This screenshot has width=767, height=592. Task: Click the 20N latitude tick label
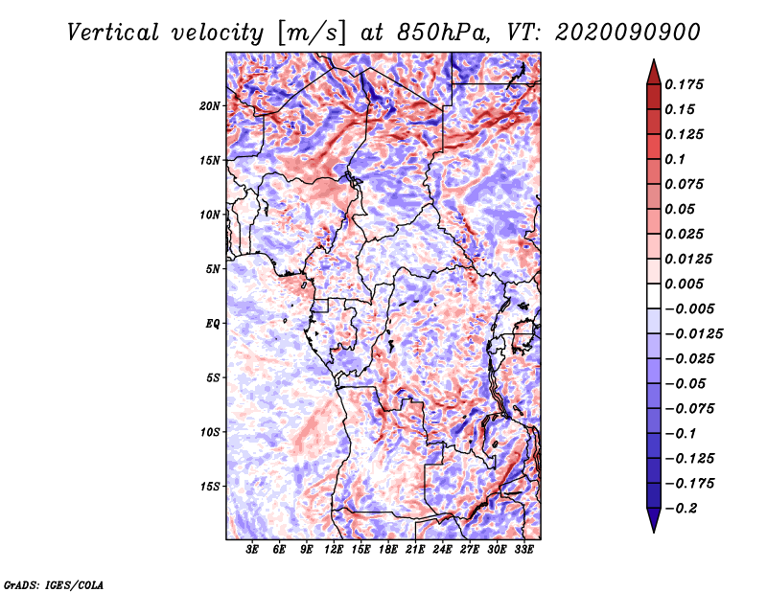point(210,105)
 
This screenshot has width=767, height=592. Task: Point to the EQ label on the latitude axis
point(213,323)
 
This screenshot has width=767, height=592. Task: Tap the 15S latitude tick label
point(210,487)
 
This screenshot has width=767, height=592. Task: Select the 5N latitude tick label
point(213,269)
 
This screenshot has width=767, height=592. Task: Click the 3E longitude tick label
point(252,550)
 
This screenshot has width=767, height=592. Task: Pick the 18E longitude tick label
point(387,550)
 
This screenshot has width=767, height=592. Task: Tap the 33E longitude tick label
point(523,550)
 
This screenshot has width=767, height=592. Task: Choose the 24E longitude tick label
point(442,550)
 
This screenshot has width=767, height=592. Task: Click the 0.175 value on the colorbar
point(687,84)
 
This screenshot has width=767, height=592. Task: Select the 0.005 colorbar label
point(687,285)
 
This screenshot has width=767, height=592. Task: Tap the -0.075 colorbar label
point(690,409)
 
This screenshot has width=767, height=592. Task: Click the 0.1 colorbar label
point(678,159)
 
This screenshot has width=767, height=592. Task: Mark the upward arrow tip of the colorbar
point(653,62)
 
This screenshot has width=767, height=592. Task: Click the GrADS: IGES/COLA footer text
point(54,583)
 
